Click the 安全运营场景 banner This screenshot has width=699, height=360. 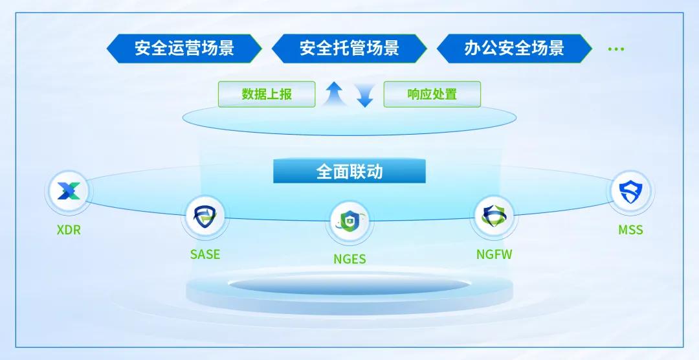[x=184, y=49]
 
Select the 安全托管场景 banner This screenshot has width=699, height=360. [x=349, y=49]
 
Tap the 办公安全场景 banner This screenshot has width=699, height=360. [x=514, y=49]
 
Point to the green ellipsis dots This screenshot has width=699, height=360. [x=616, y=49]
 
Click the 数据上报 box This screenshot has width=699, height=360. [x=267, y=94]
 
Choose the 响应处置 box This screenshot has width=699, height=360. [x=432, y=94]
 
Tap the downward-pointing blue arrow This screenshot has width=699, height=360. [x=365, y=95]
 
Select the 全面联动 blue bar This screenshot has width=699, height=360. [x=349, y=172]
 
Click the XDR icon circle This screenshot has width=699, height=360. [x=69, y=192]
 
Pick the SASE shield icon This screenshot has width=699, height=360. [x=205, y=216]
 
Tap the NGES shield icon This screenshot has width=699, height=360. [x=349, y=221]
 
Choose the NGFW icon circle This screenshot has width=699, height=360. [x=494, y=216]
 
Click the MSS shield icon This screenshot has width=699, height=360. [x=630, y=192]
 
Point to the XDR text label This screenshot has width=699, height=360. [x=69, y=231]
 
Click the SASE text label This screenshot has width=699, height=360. [x=205, y=254]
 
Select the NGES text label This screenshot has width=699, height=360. [x=349, y=259]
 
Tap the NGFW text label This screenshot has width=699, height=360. [x=494, y=254]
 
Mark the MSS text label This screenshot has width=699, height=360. [x=630, y=231]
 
